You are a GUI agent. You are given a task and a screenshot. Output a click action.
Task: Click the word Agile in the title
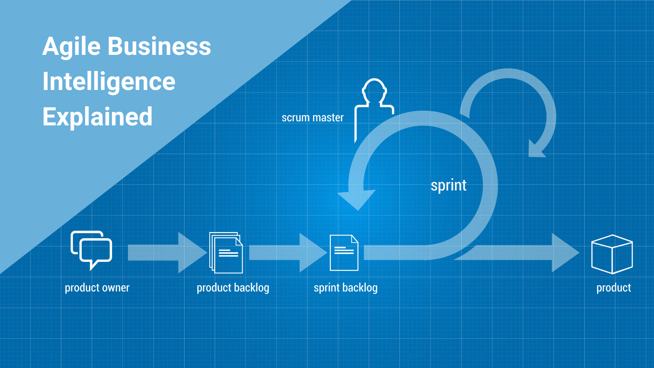click(72, 47)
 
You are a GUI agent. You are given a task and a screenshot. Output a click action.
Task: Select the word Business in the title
click(159, 47)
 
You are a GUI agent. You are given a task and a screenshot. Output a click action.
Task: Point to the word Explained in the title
click(97, 117)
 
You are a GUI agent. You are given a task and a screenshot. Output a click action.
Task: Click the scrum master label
click(312, 118)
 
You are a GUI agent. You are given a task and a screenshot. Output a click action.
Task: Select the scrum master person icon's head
click(374, 90)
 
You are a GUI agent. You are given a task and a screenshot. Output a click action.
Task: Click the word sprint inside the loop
click(448, 186)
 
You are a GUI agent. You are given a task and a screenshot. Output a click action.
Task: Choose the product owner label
click(97, 288)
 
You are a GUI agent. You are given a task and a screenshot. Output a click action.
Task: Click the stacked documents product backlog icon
click(226, 252)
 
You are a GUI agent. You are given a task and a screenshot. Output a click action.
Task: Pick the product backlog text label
click(233, 288)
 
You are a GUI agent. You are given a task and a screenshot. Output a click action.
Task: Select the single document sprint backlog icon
click(344, 253)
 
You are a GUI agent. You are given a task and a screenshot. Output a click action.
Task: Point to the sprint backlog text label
click(345, 288)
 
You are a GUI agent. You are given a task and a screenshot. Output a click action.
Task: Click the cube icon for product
click(612, 254)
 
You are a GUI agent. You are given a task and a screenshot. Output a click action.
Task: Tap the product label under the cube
click(613, 288)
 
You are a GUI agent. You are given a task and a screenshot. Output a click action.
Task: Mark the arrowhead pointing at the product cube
click(564, 252)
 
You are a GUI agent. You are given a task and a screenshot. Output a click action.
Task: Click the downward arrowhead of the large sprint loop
click(357, 199)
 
